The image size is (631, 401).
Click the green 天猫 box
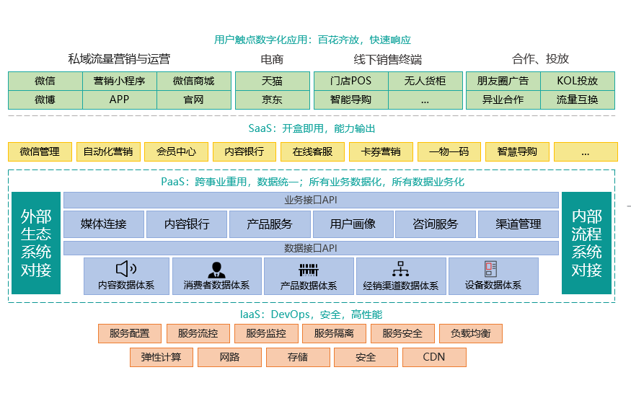[x=272, y=81]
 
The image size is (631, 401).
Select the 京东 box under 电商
[x=272, y=100]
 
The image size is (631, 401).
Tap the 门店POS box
[x=350, y=81]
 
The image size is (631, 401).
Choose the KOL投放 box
[x=578, y=81]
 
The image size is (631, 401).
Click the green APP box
[x=119, y=100]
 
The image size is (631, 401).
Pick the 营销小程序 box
[x=119, y=81]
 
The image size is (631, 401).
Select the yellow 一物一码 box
[x=449, y=151]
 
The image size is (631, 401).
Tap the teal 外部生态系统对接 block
[x=36, y=242]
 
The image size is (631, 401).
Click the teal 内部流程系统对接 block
[x=586, y=242]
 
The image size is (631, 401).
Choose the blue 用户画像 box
[x=353, y=224]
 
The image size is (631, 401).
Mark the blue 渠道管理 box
[x=518, y=224]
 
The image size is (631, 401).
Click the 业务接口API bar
[x=311, y=200]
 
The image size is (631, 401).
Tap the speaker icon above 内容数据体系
[x=126, y=269]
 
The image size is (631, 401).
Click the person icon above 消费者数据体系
[x=216, y=270]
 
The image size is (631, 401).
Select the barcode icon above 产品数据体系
[x=309, y=270]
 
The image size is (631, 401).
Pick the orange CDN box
[x=434, y=357]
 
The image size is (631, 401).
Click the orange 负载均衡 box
[x=470, y=333]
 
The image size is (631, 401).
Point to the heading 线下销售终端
[x=387, y=59]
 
